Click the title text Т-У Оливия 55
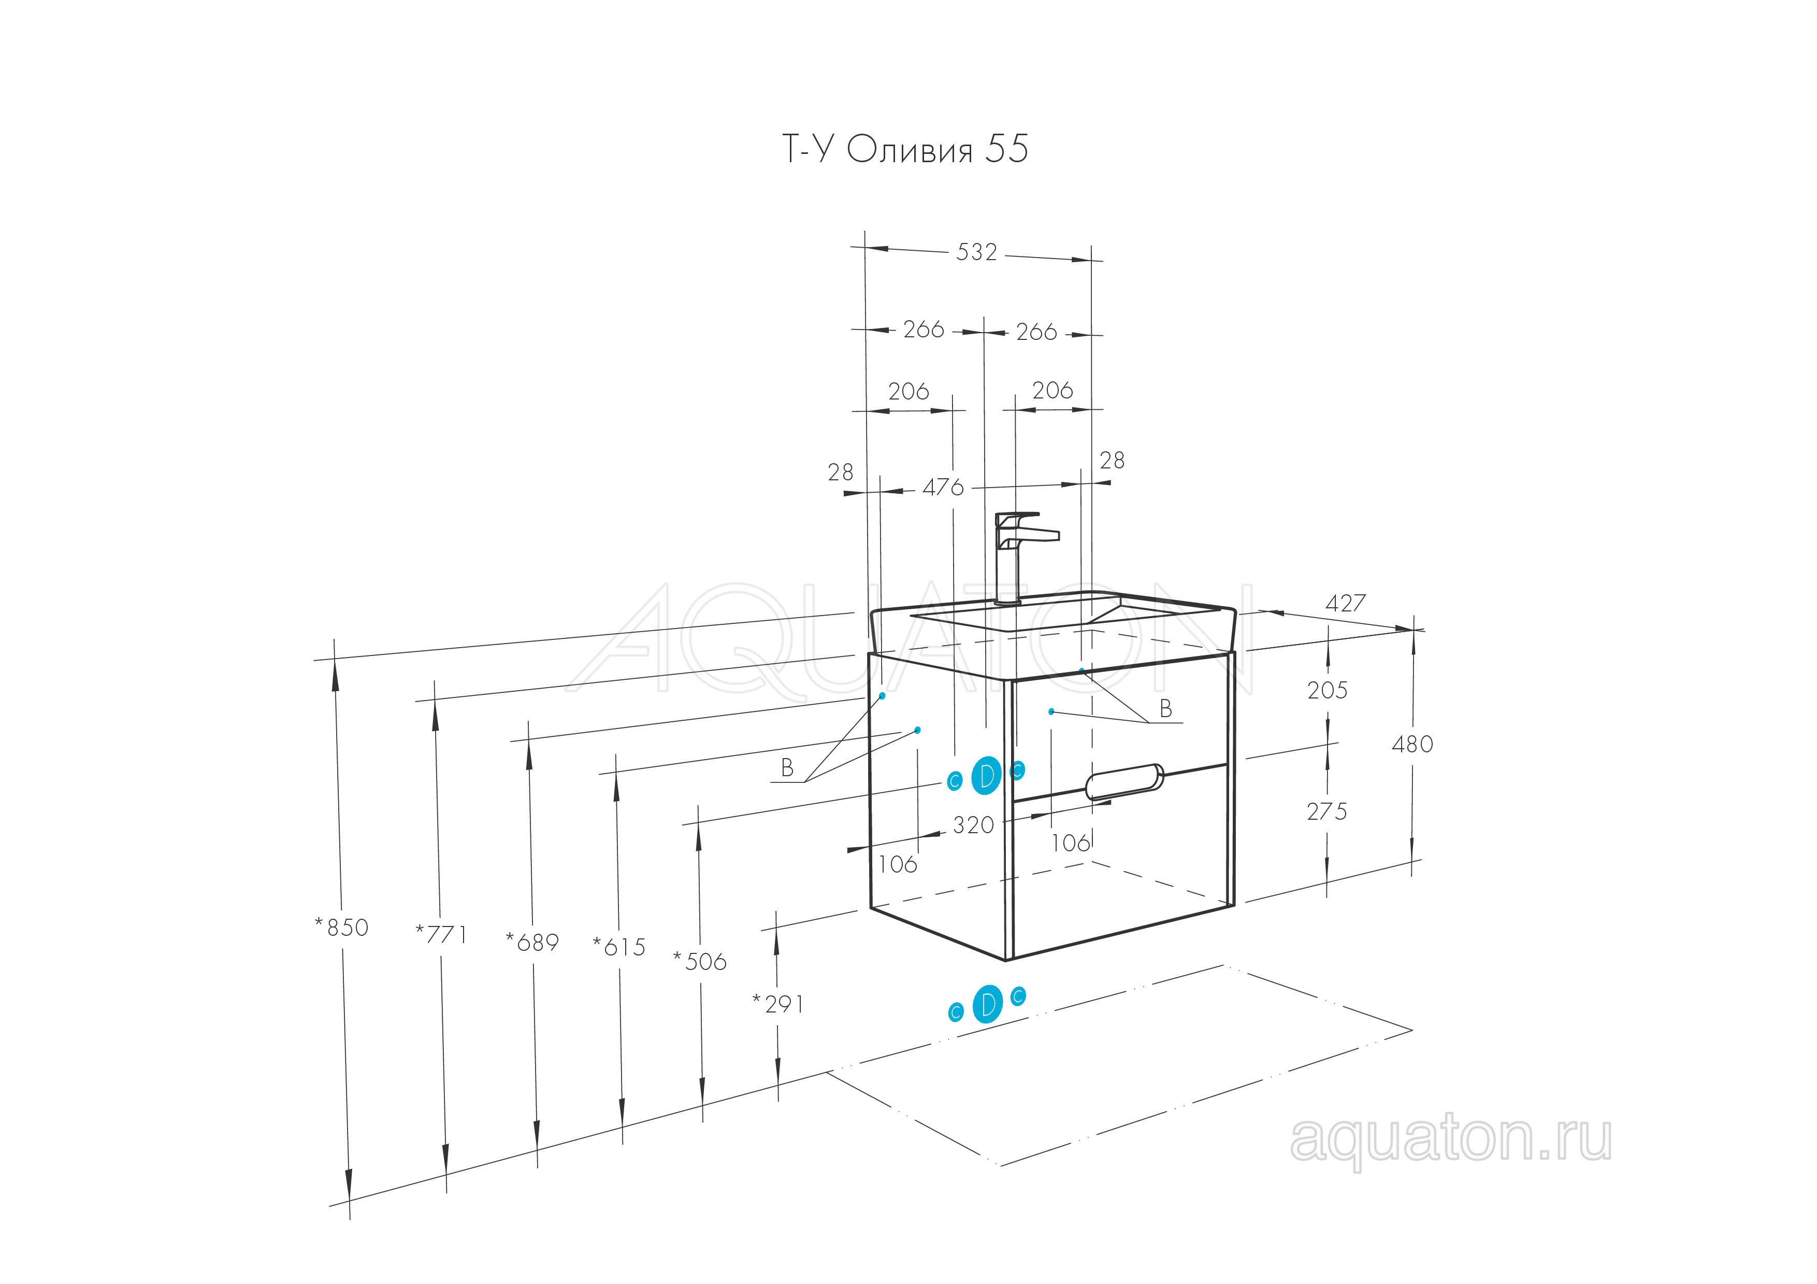point(905,149)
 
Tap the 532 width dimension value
point(976,252)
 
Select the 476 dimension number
point(943,487)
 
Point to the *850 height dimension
point(342,927)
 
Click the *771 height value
point(442,935)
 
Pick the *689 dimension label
point(532,942)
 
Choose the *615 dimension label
point(619,947)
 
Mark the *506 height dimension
point(700,961)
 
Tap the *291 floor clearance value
point(778,1004)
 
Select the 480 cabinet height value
point(1412,744)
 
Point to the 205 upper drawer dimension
point(1327,690)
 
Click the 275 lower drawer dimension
point(1327,811)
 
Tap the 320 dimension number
point(973,825)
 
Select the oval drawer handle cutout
point(1124,781)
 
